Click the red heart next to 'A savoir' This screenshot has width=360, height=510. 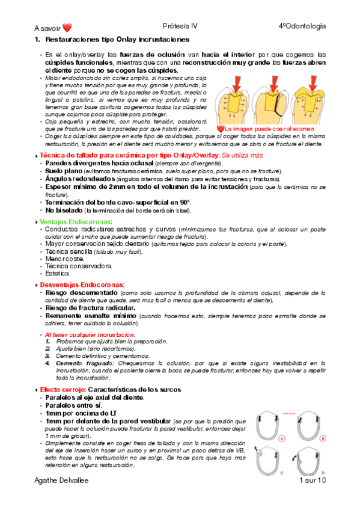pyautogui.click(x=67, y=28)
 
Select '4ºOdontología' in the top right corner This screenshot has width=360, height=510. pyautogui.click(x=302, y=26)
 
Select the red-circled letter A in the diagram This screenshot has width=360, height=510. pyautogui.click(x=281, y=438)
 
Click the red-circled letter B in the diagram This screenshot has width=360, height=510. pyautogui.click(x=323, y=438)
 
